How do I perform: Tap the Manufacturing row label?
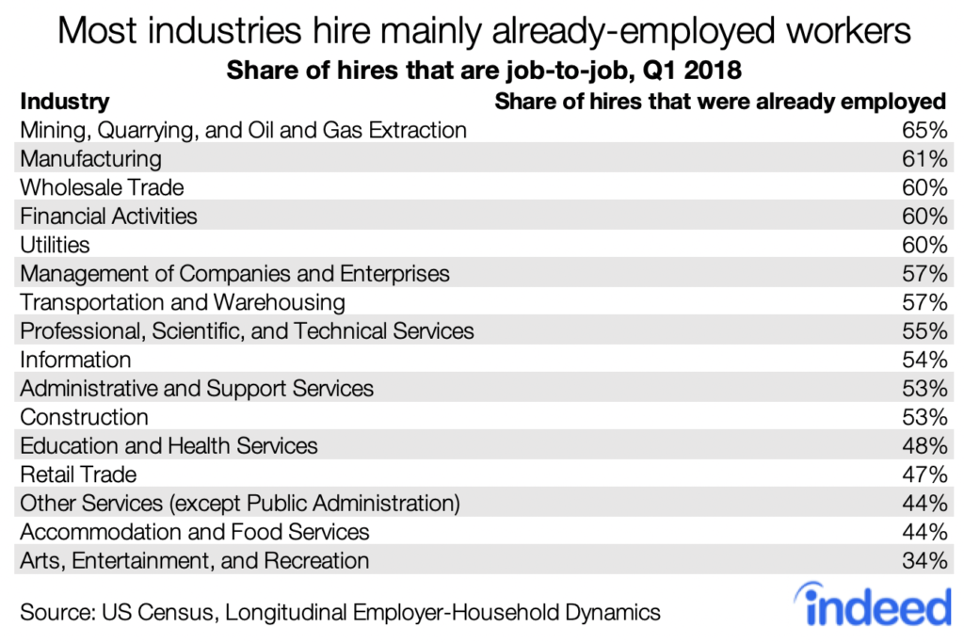click(90, 158)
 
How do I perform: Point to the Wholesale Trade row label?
click(102, 187)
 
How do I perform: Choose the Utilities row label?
click(55, 245)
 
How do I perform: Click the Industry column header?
click(64, 101)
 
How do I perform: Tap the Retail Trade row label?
click(78, 474)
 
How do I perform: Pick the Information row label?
click(75, 360)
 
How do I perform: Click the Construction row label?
click(84, 417)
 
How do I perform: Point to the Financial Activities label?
click(108, 217)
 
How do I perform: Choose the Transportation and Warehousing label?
click(183, 302)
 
